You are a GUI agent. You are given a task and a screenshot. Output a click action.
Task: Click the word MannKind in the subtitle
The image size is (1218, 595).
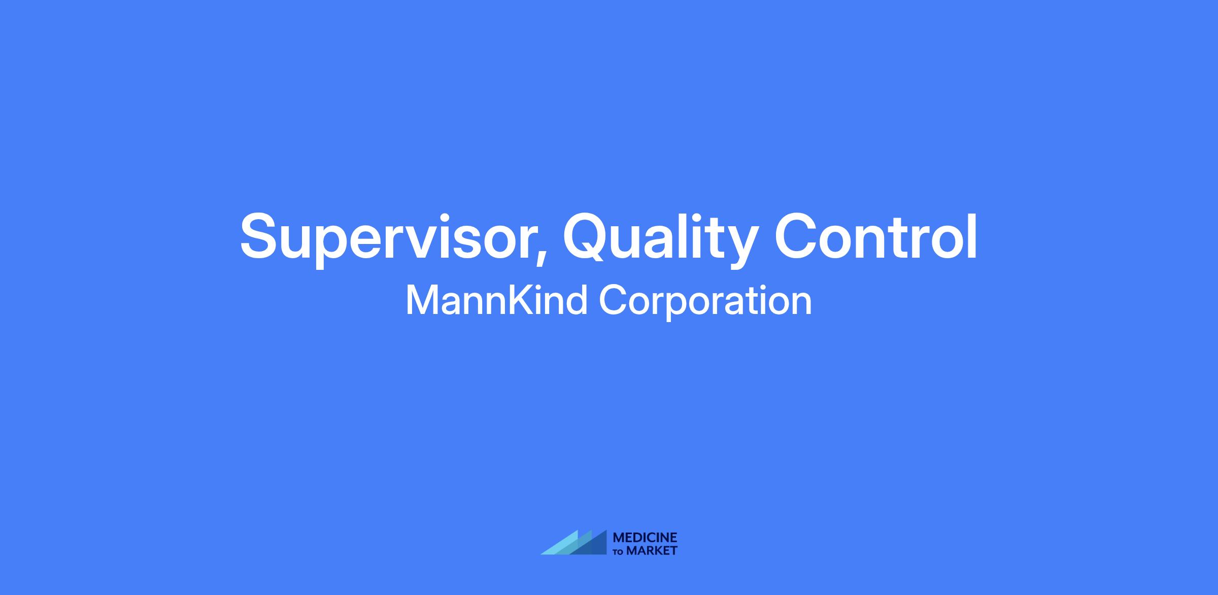[x=496, y=300]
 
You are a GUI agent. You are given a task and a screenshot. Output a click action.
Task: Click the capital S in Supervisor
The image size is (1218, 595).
[x=260, y=236]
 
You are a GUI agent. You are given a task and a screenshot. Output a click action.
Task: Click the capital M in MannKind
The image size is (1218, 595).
[x=421, y=300]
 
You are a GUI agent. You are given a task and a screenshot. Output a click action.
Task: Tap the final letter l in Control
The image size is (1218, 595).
[x=972, y=235]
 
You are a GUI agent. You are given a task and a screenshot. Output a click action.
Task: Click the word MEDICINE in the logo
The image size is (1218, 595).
[x=645, y=538]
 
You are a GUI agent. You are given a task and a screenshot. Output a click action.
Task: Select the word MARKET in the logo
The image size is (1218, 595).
[x=652, y=550]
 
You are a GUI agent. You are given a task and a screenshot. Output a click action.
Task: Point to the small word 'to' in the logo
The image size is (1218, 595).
[x=619, y=551]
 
